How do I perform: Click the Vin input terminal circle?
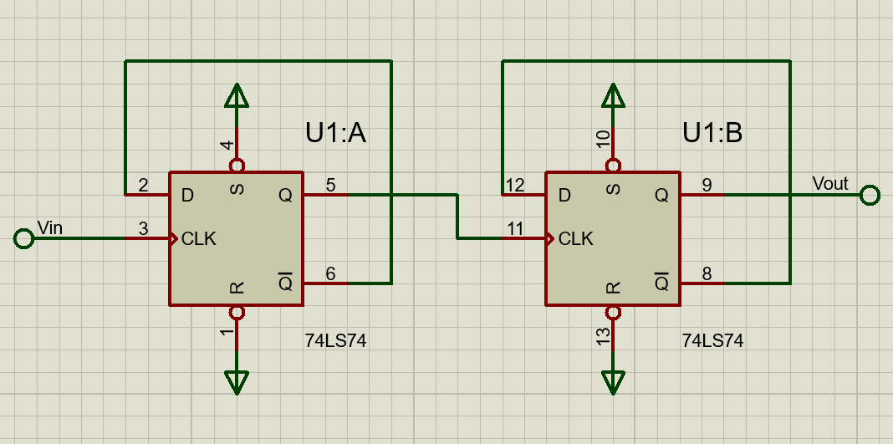tap(24, 239)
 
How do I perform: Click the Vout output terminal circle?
tap(870, 196)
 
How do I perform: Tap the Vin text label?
tap(50, 227)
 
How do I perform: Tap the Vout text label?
tap(829, 183)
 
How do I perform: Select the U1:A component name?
tap(336, 133)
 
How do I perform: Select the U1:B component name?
tap(712, 133)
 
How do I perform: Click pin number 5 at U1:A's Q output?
tap(330, 185)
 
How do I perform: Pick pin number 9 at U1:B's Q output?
tap(707, 185)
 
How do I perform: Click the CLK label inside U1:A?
tap(199, 239)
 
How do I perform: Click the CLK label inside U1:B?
tap(576, 239)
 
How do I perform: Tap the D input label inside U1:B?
tap(564, 196)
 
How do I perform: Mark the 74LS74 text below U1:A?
tap(336, 341)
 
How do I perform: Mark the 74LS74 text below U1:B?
tap(712, 341)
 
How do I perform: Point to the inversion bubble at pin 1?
tap(237, 313)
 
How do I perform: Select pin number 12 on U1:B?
tap(515, 185)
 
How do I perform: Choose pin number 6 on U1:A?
tap(330, 273)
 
